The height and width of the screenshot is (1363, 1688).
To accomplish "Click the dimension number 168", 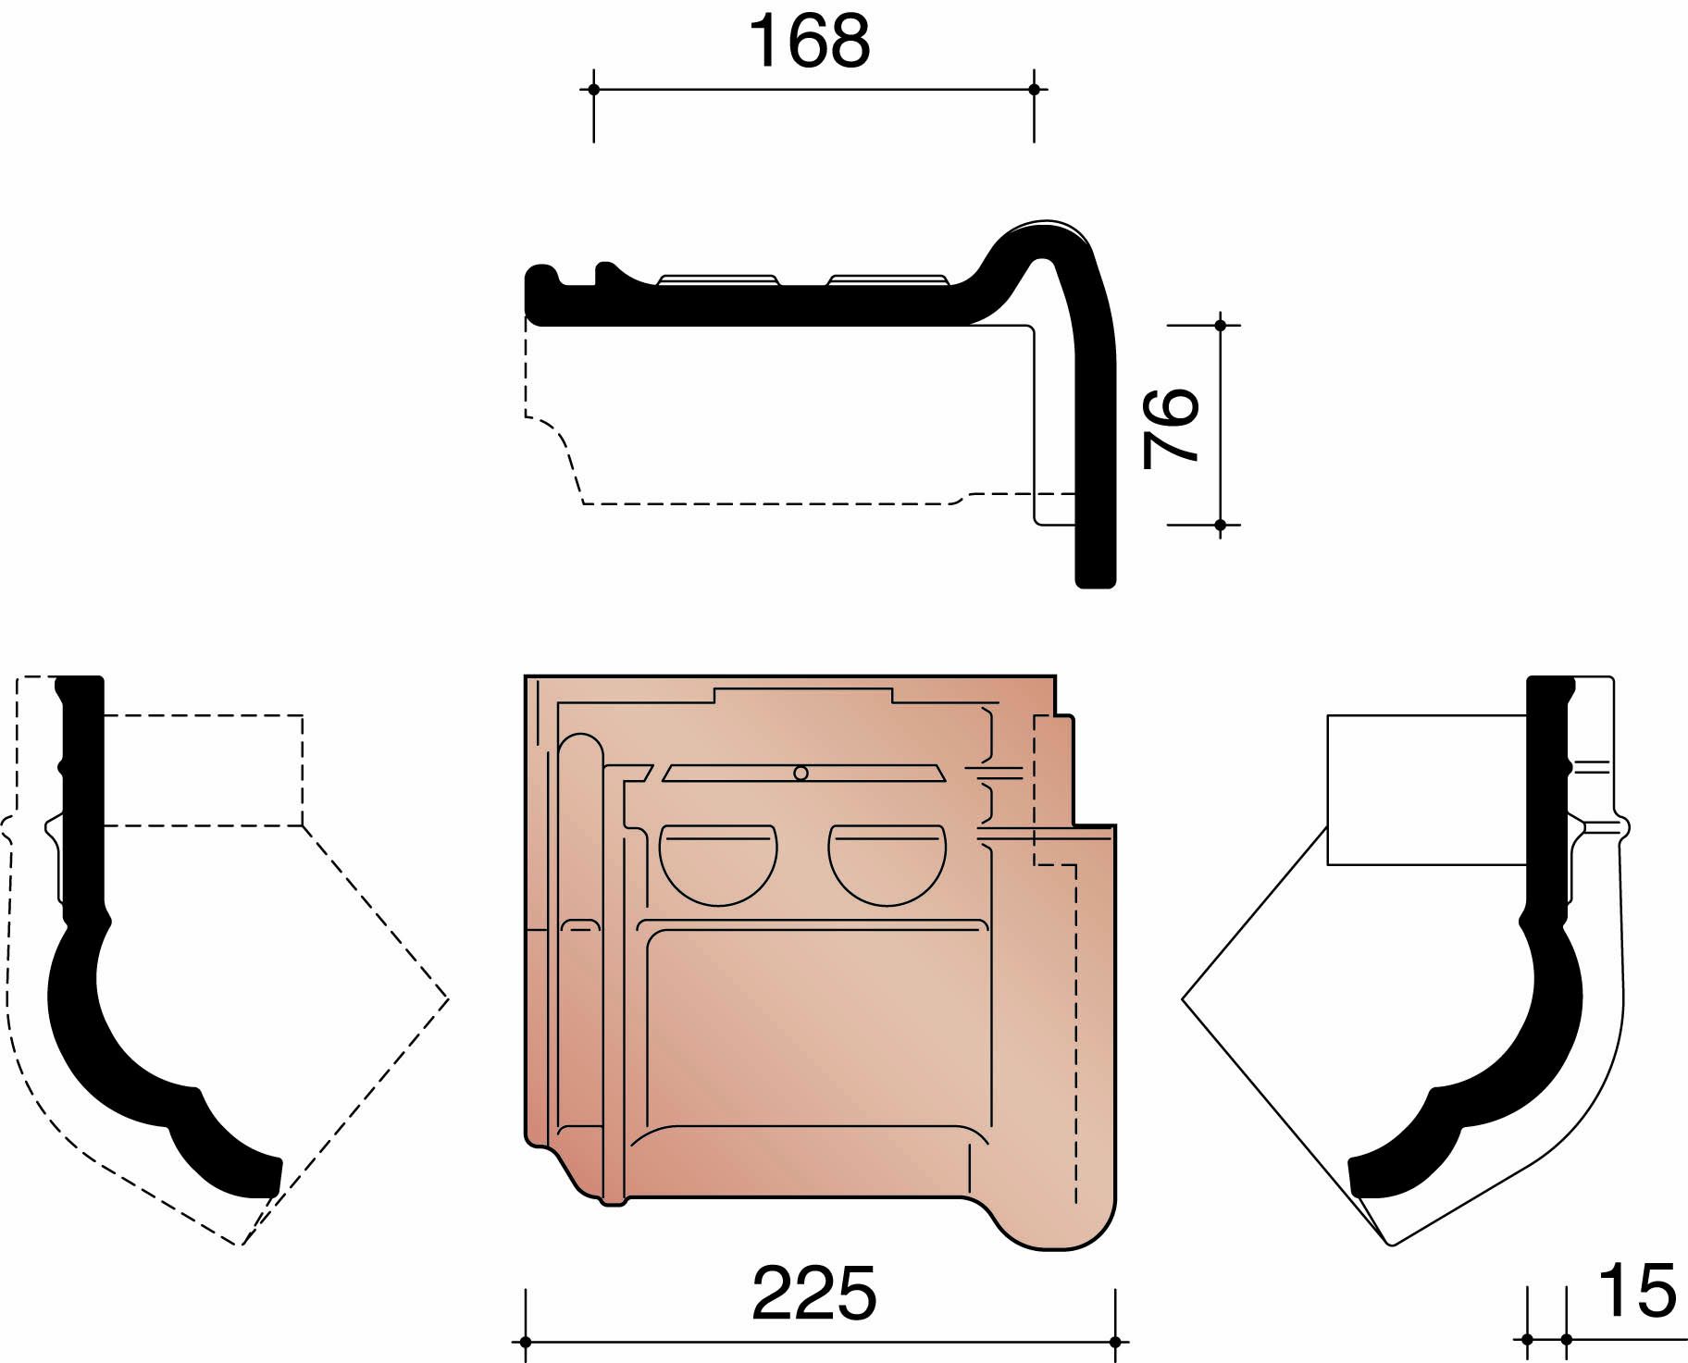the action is click(810, 43).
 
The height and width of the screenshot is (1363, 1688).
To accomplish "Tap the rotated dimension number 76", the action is click(1171, 427).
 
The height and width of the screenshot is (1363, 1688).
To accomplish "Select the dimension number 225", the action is click(813, 1294).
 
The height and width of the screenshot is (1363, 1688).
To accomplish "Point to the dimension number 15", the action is click(1636, 1290).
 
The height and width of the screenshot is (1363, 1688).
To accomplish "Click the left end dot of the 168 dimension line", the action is click(593, 90).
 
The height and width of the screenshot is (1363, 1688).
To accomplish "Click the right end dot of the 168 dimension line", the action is click(1034, 90).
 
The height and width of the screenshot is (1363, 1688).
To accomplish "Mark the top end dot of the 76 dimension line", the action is click(1220, 326).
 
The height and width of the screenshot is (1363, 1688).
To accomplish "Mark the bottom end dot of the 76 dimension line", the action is click(1220, 525).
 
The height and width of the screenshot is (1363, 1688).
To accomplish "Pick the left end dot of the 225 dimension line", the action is click(526, 1341).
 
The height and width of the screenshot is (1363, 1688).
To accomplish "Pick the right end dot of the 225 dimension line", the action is click(1115, 1341).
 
